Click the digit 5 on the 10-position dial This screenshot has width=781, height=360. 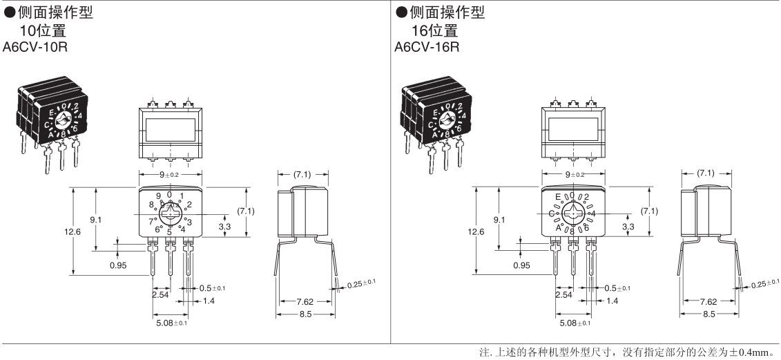click(169, 231)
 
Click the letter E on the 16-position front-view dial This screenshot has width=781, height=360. click(558, 197)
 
